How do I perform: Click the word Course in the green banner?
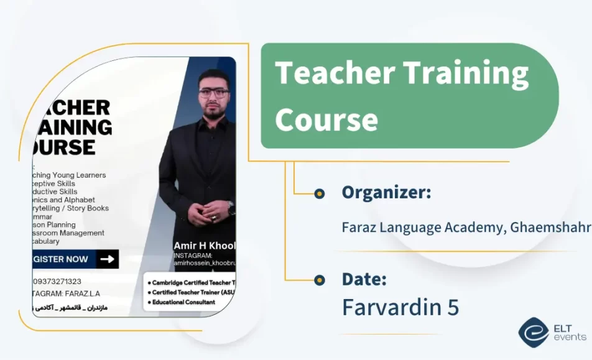click(326, 119)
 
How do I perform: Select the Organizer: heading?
click(386, 193)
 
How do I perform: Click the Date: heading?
click(364, 279)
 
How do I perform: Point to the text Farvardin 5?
click(400, 307)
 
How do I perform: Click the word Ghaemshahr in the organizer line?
click(550, 228)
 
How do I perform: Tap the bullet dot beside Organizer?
click(320, 194)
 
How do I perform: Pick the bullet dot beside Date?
click(320, 280)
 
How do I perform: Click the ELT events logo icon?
click(533, 332)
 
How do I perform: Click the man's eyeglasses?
click(214, 93)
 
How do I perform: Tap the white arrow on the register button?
click(108, 259)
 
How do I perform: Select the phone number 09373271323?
click(57, 282)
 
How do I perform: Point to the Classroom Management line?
click(69, 233)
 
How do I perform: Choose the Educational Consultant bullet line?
click(181, 302)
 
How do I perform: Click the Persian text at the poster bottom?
click(69, 308)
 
